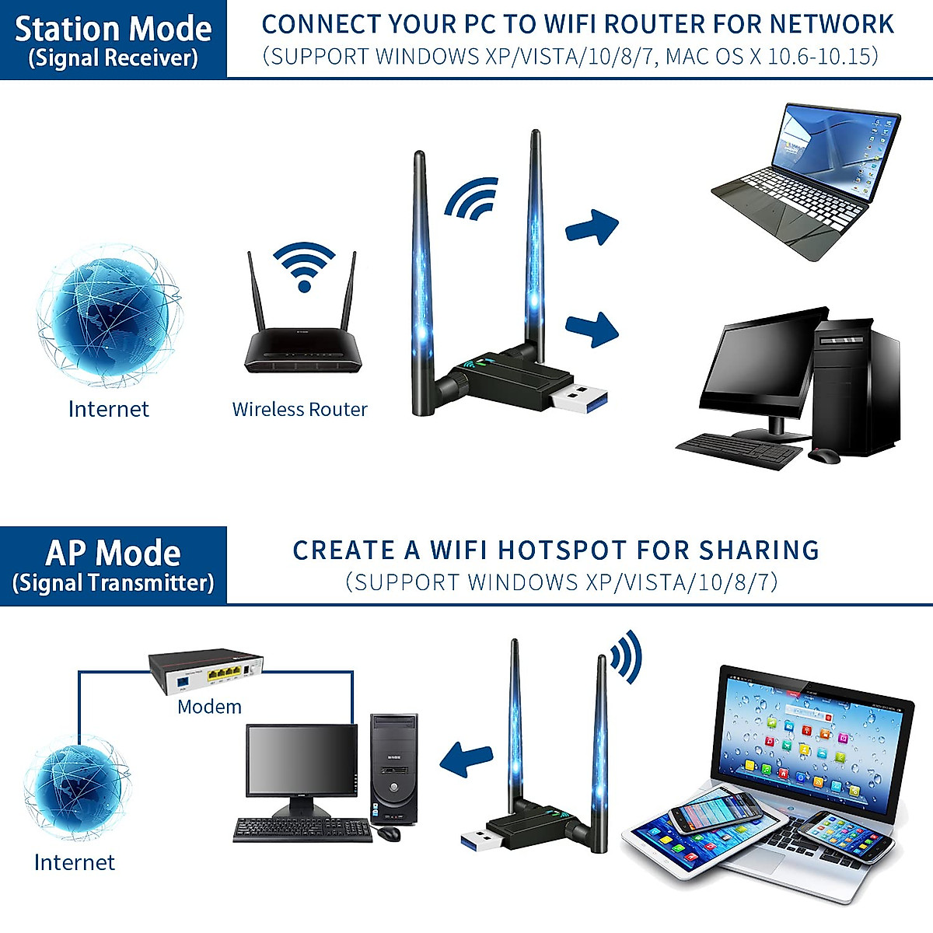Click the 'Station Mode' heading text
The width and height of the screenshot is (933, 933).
coord(114,29)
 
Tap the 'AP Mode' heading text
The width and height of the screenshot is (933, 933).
coord(114,553)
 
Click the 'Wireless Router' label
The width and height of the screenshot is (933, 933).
coord(299,410)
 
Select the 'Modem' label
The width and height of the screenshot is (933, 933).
coord(209,707)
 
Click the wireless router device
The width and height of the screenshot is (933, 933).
coord(303,350)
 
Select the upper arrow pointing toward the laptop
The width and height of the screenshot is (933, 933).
coord(592,227)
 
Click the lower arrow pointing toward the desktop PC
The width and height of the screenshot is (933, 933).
coord(592,328)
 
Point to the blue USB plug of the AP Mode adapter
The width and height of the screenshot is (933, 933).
coord(477,839)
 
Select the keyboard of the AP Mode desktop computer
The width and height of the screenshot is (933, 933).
coord(303,830)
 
